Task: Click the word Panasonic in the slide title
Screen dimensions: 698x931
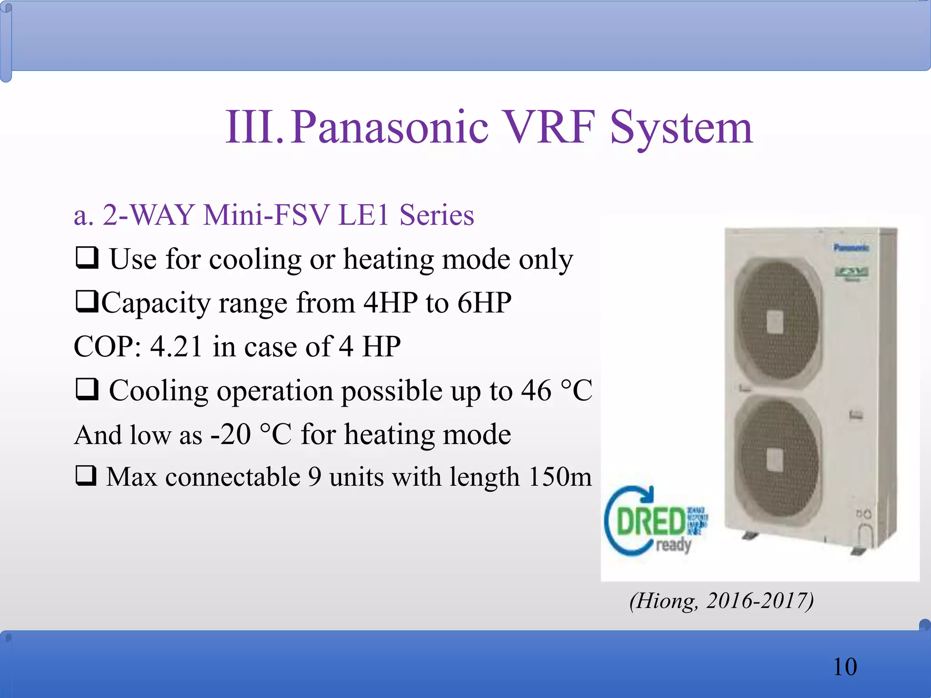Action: click(x=390, y=128)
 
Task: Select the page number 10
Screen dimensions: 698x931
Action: click(x=845, y=667)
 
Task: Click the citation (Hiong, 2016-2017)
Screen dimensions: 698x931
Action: click(x=721, y=601)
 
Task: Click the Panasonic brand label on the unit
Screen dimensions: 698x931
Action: click(x=851, y=248)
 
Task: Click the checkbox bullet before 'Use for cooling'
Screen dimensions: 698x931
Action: click(x=86, y=258)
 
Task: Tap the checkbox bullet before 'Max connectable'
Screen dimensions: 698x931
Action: click(x=86, y=476)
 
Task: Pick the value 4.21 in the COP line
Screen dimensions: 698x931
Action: click(x=176, y=347)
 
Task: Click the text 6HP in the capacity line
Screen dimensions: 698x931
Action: click(x=484, y=303)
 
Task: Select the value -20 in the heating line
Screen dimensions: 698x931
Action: click(x=230, y=434)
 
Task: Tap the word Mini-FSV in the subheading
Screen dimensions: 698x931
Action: click(x=266, y=215)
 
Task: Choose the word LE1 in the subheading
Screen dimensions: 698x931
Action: click(x=364, y=215)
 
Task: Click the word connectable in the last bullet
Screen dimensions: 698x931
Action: click(x=233, y=477)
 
